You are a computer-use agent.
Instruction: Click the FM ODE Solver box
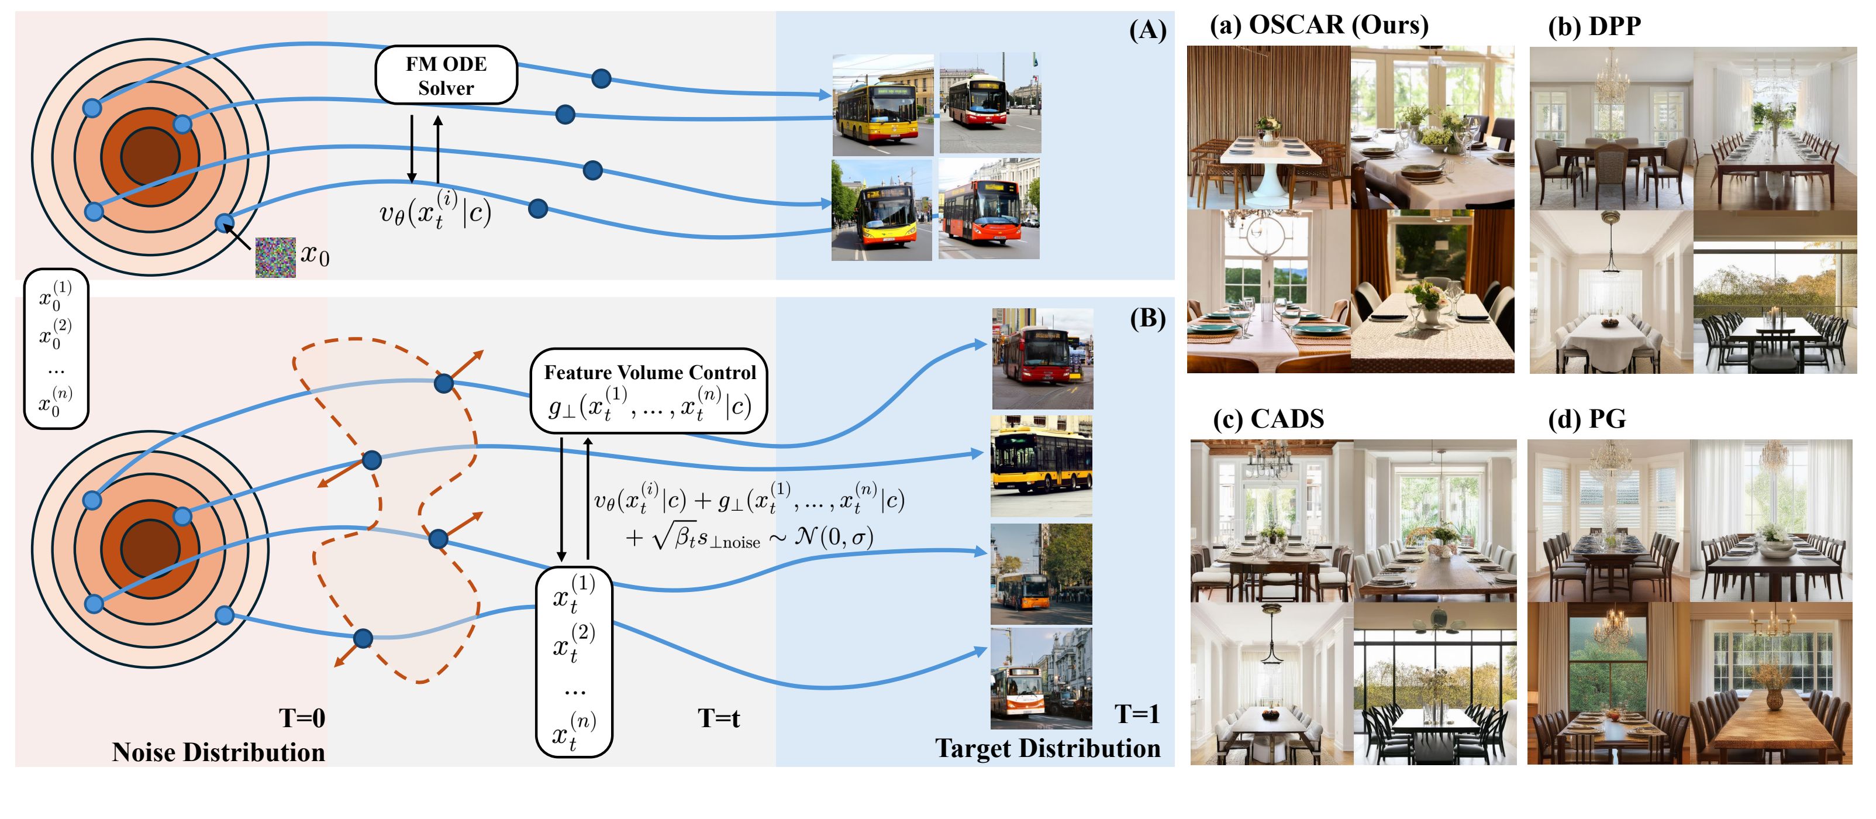tap(446, 75)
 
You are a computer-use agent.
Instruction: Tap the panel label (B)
tap(1147, 318)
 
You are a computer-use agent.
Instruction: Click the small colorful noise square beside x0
tap(275, 257)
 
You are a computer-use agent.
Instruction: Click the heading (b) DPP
tap(1594, 26)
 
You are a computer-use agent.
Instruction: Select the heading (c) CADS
tap(1268, 419)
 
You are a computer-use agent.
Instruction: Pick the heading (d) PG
tap(1587, 419)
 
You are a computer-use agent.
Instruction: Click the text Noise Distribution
tap(219, 752)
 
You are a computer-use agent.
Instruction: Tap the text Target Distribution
tap(1047, 748)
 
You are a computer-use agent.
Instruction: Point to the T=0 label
tap(302, 718)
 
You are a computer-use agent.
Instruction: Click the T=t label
tap(718, 718)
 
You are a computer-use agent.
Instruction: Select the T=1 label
tap(1137, 714)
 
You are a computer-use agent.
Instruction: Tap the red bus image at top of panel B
tap(1042, 359)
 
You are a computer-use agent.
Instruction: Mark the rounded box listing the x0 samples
tap(56, 348)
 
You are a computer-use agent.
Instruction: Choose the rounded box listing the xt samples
tap(574, 662)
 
